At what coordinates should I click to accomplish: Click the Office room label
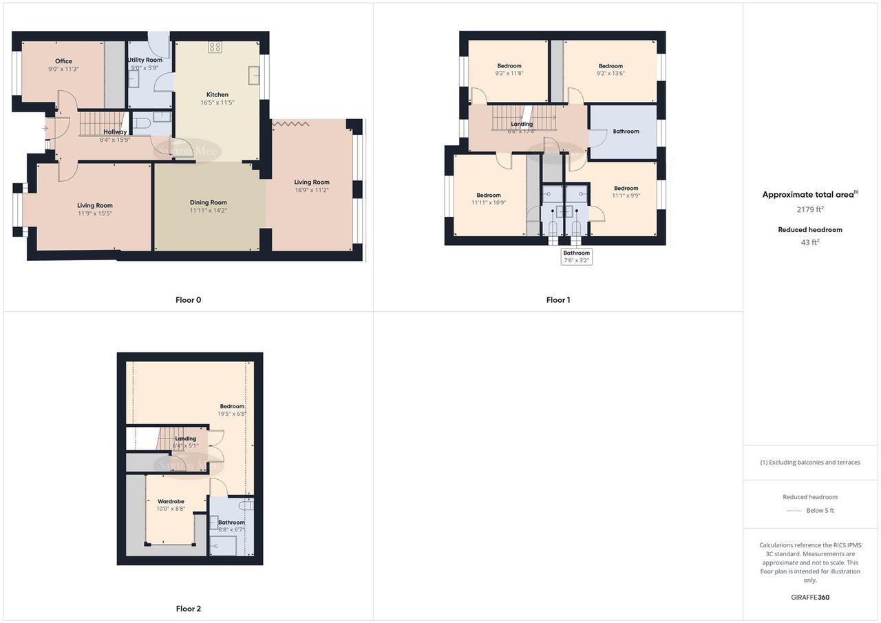64,61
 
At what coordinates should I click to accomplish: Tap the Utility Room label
145,60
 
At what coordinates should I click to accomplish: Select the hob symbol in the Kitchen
215,47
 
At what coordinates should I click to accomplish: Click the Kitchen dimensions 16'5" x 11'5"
217,103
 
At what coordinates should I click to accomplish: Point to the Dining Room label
209,202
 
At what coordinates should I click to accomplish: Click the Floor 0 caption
188,300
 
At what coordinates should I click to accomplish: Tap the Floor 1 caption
558,300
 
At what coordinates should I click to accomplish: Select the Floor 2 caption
188,609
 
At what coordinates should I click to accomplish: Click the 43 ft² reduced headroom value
810,242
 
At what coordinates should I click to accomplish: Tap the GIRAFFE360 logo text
810,598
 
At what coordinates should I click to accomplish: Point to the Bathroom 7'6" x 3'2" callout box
577,257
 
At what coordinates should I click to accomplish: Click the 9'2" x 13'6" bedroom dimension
611,74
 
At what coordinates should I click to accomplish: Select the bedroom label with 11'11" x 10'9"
489,196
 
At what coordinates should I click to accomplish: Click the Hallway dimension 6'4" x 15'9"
115,139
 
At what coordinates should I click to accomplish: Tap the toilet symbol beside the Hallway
142,124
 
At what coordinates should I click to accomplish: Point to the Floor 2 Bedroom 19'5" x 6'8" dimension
232,414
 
